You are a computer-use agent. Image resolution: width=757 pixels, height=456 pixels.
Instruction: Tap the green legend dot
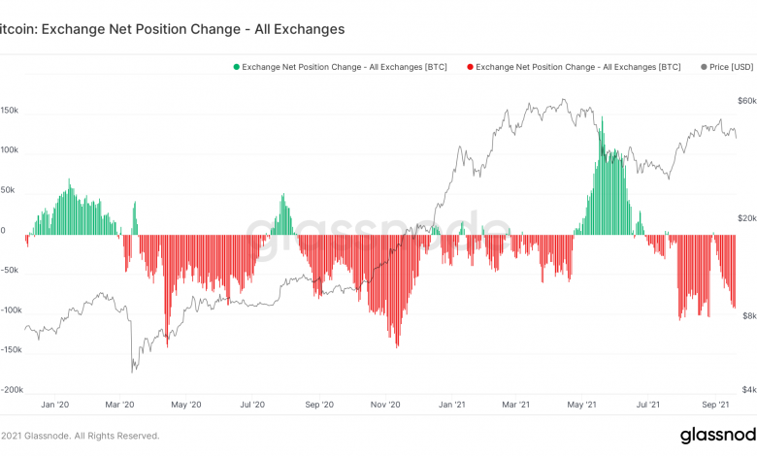(x=235, y=67)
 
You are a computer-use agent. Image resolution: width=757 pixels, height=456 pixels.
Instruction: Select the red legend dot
(x=469, y=67)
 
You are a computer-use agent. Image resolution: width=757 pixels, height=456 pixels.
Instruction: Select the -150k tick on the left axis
(x=11, y=349)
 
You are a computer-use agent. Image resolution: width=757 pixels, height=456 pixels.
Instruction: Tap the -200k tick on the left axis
(x=11, y=389)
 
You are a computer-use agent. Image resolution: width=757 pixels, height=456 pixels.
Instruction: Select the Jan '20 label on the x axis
(x=55, y=405)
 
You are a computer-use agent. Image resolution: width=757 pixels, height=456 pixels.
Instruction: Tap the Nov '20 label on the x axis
(x=386, y=405)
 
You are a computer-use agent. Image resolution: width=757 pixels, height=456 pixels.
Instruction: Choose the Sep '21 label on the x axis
(x=716, y=405)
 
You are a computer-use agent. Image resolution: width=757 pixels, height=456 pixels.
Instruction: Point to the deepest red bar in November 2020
(x=397, y=345)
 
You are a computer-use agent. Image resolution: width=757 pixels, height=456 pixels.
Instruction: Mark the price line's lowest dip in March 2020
(x=132, y=372)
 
